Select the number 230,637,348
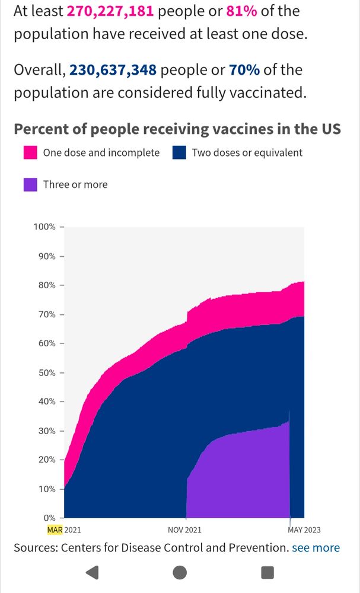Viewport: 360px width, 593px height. [x=113, y=70]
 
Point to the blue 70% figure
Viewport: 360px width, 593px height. [x=244, y=70]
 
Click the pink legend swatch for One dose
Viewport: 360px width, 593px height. [x=30, y=152]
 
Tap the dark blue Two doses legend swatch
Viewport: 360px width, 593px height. [x=180, y=152]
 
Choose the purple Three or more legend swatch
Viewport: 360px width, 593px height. [x=30, y=184]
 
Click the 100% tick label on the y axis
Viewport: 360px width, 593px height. [x=43, y=227]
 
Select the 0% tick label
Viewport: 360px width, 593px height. [x=48, y=518]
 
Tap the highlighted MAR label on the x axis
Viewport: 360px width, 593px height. [x=55, y=530]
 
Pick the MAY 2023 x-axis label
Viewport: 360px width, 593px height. [x=300, y=530]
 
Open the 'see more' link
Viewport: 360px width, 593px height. [x=316, y=548]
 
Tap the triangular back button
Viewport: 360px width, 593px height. [x=92, y=572]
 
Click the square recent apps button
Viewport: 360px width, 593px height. [x=267, y=572]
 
